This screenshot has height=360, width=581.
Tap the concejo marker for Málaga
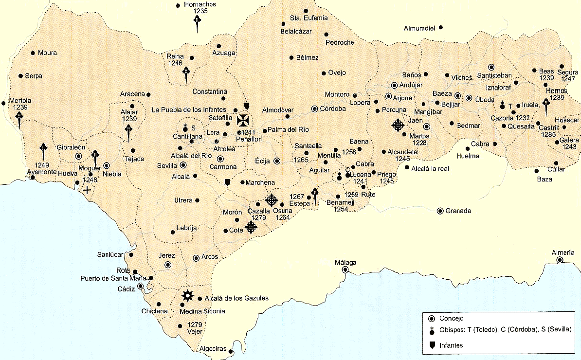(x=345, y=270)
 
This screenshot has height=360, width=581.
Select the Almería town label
(x=564, y=252)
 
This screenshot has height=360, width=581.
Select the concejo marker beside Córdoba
(x=315, y=109)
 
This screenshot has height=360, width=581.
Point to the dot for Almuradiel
(x=441, y=28)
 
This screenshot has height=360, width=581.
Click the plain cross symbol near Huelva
(x=87, y=190)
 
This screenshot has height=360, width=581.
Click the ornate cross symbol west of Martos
(x=398, y=126)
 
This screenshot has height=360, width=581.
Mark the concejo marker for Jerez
(x=168, y=265)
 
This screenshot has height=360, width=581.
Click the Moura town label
(x=47, y=53)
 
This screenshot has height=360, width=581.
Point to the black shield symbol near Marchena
(x=227, y=182)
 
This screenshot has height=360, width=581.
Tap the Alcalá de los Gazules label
(x=236, y=298)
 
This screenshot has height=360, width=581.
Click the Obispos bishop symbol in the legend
(x=431, y=331)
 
